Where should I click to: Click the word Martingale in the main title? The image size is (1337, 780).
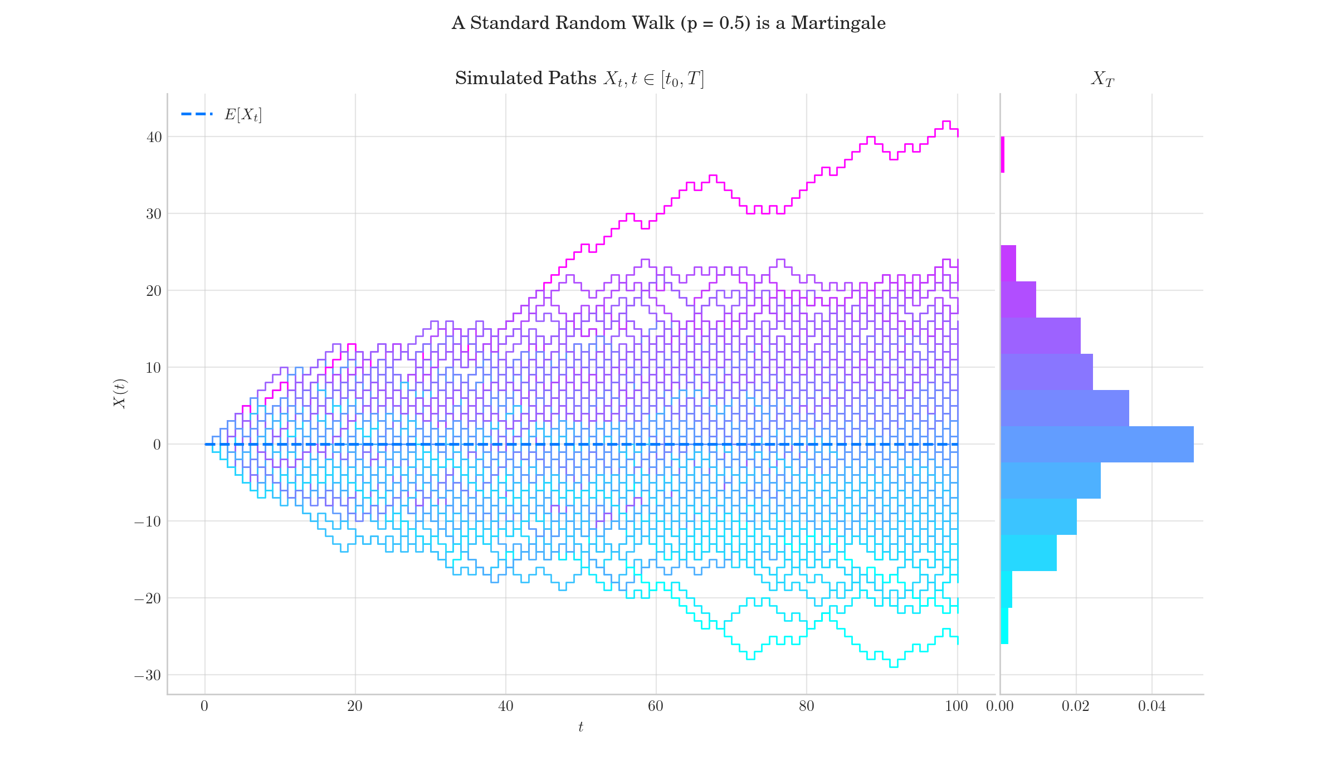838,23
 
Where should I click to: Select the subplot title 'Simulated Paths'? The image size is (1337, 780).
525,79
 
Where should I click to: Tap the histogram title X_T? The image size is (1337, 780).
1102,79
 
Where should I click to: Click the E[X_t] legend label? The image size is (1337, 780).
243,115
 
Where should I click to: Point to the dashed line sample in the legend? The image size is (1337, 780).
197,114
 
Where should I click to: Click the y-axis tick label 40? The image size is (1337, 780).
154,137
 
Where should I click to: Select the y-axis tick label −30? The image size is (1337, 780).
148,676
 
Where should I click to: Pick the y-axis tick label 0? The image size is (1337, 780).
157,445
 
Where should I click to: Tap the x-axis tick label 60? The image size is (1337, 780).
656,706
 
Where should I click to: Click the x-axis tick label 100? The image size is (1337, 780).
957,706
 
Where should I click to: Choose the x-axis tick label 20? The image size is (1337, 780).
355,706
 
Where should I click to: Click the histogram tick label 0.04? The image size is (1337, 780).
1151,706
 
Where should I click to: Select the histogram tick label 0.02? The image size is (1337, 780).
1075,706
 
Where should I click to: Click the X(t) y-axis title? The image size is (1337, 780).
120,393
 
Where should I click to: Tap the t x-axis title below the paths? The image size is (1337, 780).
580,727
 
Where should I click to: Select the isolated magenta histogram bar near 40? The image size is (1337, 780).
1003,154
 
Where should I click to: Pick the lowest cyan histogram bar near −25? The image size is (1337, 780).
1004,626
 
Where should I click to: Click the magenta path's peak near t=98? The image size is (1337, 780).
946,121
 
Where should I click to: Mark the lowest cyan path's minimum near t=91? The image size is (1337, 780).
894,667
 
